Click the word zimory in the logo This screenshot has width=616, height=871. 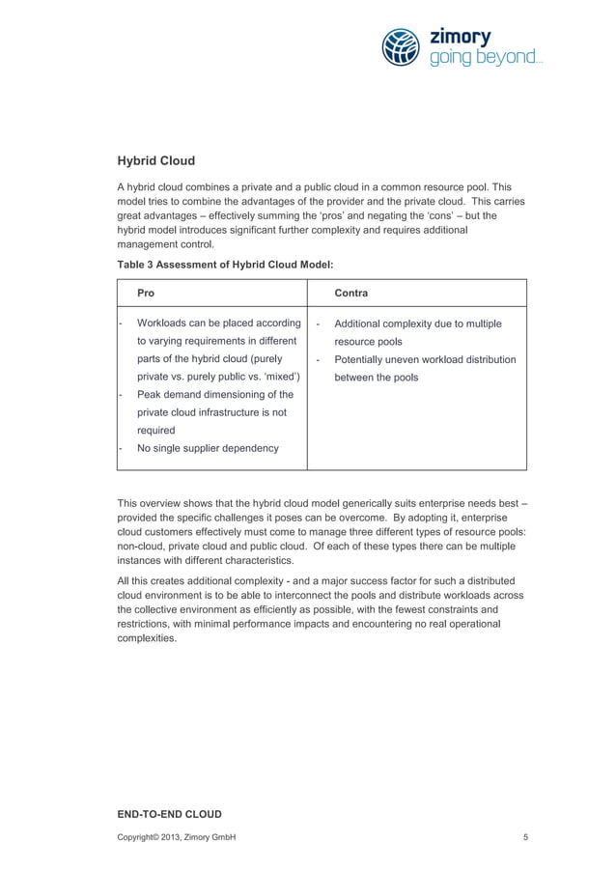461,38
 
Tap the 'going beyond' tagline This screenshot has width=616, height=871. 485,58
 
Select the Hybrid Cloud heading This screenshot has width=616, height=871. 156,160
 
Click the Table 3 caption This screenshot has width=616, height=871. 225,262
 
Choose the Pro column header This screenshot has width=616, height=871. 146,292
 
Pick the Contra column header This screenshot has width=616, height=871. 350,292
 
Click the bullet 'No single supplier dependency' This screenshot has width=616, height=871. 208,448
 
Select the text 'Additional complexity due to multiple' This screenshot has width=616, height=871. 418,323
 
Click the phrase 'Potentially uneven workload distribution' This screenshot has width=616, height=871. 425,359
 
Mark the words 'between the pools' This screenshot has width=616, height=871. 377,378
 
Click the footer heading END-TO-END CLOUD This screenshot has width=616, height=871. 169,814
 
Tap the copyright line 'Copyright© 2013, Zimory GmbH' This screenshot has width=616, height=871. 176,836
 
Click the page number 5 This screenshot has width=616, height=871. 525,836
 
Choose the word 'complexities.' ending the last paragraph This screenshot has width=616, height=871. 147,638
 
